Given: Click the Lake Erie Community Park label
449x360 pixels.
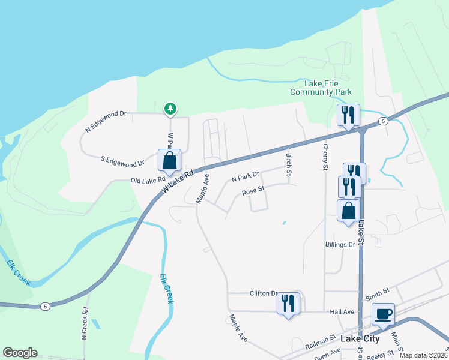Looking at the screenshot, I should point(321,88).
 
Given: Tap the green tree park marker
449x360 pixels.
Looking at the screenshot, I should point(171,109).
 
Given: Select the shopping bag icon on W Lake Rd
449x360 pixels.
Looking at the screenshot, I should point(169,160).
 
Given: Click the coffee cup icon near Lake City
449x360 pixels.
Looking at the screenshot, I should point(383,313).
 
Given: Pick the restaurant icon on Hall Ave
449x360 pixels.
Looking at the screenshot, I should point(288,302).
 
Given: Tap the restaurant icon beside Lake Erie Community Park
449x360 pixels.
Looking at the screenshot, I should point(348,115).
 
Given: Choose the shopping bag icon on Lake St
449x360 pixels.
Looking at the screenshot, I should point(348,211).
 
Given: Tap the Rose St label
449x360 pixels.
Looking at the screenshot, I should point(253,192).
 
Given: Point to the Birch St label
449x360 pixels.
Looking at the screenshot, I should point(289,164).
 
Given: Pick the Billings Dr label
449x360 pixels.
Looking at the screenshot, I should point(340,245).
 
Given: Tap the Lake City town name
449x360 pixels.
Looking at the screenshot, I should point(360,338).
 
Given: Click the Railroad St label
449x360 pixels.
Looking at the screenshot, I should point(319,341).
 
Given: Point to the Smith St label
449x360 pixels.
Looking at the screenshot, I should point(377,293).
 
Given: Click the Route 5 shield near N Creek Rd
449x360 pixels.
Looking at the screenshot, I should point(46,307).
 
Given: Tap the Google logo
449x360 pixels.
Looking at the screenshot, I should point(20,353).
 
